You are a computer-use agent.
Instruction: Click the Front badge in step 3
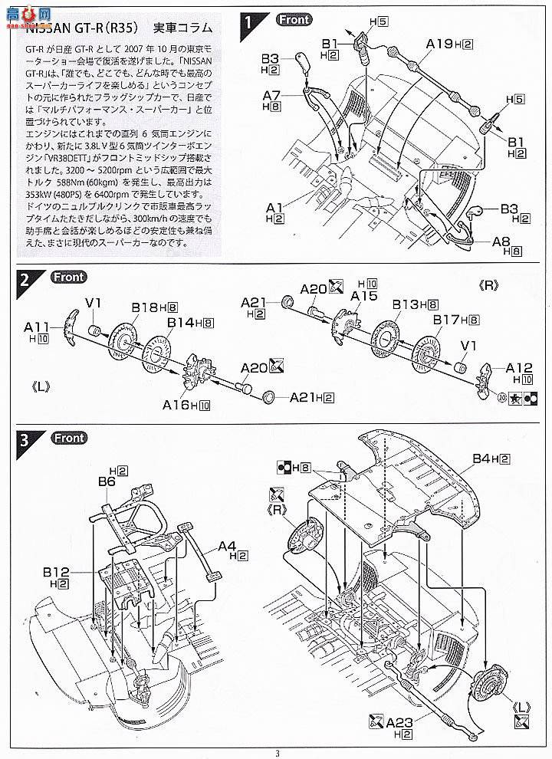click(68, 439)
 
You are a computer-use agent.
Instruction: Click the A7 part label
click(273, 97)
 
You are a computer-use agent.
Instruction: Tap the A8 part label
click(501, 242)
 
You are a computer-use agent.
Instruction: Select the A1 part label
click(275, 207)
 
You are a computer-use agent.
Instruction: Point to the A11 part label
click(40, 326)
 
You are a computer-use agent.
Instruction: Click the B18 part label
click(143, 307)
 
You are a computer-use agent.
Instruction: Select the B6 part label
click(107, 482)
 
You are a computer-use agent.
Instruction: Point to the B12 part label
click(56, 572)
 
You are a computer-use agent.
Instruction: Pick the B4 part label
click(481, 458)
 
